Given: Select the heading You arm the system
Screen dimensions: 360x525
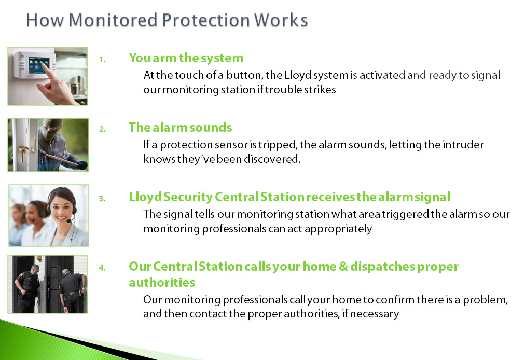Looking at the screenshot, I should (x=186, y=58).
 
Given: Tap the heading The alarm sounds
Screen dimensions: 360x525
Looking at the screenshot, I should (x=180, y=127).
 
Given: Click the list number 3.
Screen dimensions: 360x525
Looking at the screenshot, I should (x=102, y=198).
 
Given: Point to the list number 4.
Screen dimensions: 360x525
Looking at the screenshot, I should (x=102, y=268).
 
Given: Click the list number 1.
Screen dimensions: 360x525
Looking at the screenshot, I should (x=102, y=59).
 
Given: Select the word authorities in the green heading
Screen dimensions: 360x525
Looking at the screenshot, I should (x=162, y=282).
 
